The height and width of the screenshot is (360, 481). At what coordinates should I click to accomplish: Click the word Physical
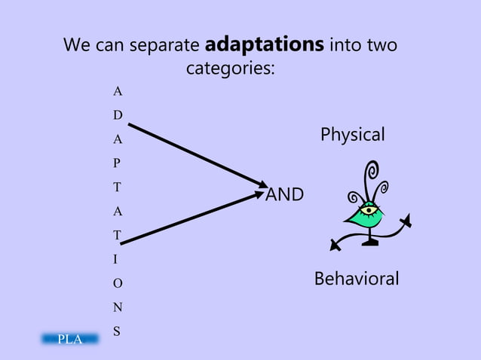coord(352,135)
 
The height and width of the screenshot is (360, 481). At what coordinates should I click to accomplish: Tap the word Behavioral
coord(356,279)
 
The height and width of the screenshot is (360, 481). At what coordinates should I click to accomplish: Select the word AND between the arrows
coord(285,195)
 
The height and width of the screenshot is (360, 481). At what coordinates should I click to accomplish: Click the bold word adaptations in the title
coord(264,45)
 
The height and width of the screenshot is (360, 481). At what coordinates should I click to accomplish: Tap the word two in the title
coord(381,46)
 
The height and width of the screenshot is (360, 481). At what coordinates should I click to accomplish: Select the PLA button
coord(69,339)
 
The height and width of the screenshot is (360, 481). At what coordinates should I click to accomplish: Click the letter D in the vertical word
coord(117,115)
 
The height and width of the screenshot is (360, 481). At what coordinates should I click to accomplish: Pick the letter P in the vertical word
coord(117,163)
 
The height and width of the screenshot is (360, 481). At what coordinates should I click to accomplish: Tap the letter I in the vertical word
coord(115,259)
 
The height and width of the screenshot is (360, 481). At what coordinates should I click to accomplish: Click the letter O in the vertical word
coord(117,283)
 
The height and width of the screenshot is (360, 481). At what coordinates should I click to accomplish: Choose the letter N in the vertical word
coord(117,307)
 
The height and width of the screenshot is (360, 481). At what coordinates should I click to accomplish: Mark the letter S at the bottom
coord(117,331)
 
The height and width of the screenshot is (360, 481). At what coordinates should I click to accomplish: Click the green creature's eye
coord(368,209)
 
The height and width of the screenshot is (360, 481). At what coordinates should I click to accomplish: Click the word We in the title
coord(78,46)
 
